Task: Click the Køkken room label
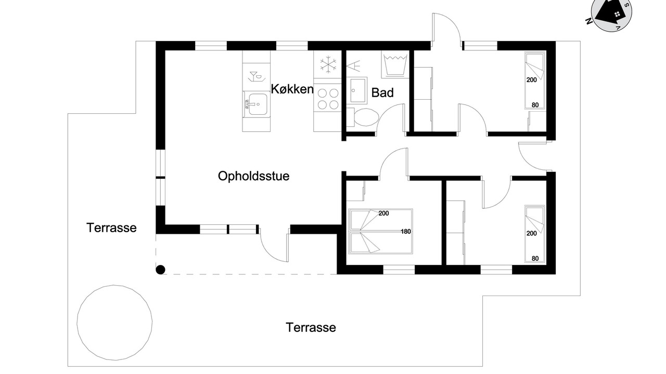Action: tap(292, 89)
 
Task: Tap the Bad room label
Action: tap(382, 93)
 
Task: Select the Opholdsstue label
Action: tap(253, 176)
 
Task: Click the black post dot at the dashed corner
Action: tap(161, 270)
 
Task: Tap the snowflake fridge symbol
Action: tap(328, 64)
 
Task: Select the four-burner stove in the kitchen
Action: tap(328, 99)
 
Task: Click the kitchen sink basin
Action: tap(258, 104)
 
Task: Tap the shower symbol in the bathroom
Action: tap(353, 66)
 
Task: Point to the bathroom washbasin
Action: tap(357, 90)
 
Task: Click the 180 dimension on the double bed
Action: tap(405, 232)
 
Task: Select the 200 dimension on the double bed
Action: tap(383, 213)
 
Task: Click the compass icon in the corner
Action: tap(611, 12)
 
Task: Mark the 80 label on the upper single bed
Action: tap(535, 105)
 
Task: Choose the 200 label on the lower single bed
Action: tap(532, 234)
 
